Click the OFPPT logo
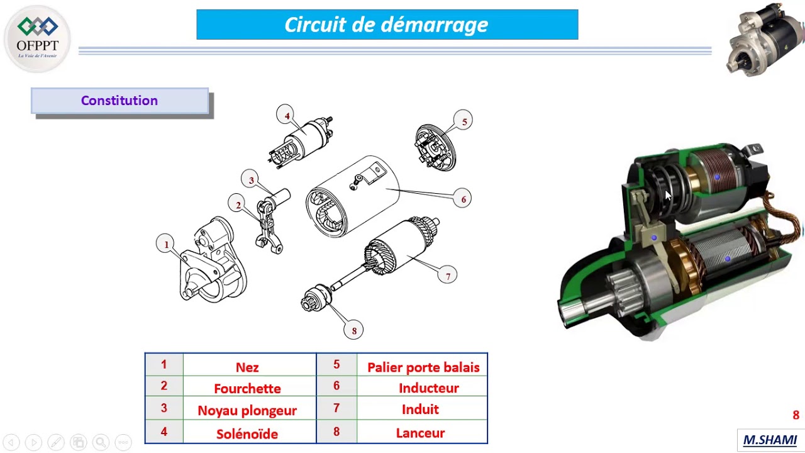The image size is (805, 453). (38, 38)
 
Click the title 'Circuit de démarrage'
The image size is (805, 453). (387, 25)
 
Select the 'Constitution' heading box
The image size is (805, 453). (119, 101)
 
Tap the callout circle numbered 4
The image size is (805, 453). (286, 115)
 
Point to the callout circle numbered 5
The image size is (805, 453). (464, 121)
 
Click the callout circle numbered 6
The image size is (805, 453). (463, 199)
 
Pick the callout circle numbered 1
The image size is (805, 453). (166, 244)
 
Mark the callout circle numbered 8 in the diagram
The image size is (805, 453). (353, 330)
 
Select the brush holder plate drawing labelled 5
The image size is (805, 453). (434, 147)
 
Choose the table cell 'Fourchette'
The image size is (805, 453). (247, 389)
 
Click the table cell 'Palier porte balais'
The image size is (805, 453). (423, 367)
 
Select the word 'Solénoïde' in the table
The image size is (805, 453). (247, 433)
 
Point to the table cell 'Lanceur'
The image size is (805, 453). (420, 433)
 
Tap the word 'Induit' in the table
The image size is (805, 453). (420, 410)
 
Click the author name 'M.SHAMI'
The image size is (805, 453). (770, 440)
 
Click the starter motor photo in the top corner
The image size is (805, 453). (765, 39)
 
